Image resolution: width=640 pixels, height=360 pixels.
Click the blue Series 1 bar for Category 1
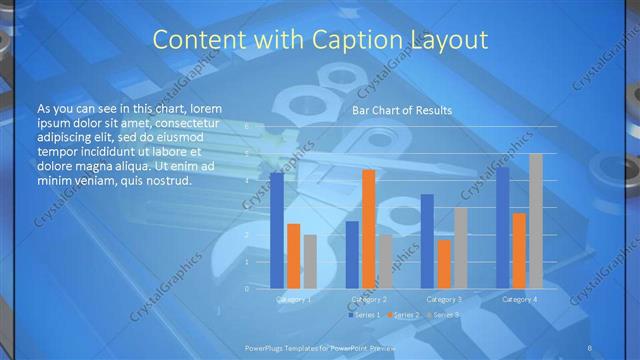coord(277,231)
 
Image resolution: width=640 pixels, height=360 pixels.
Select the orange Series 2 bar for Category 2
coord(368,229)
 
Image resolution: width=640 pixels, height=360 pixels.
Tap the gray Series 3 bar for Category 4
coord(535,221)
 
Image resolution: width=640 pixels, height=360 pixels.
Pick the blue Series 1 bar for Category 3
coord(427,241)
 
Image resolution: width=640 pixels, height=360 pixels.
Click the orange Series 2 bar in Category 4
coord(519,251)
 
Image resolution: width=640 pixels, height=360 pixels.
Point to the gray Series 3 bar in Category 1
coord(309,262)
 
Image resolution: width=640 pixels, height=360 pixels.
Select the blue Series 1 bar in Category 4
coord(503,227)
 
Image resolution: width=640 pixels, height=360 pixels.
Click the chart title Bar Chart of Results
coord(401,110)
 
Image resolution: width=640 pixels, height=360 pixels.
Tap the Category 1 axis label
coord(293,299)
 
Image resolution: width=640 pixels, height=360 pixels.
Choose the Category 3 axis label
coord(444,299)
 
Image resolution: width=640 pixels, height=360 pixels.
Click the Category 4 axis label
coord(519,299)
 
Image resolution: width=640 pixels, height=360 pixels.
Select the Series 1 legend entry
coord(364,315)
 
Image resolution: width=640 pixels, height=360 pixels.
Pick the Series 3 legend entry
coord(444,315)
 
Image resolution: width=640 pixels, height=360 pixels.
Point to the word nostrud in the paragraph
coord(160,181)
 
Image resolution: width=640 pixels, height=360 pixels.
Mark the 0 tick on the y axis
coord(246,289)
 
